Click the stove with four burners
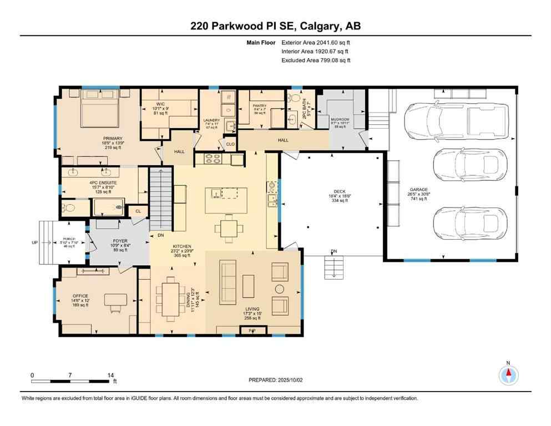point(213,160)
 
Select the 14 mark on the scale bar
point(111,376)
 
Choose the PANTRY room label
point(259,106)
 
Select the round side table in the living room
point(279,288)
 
